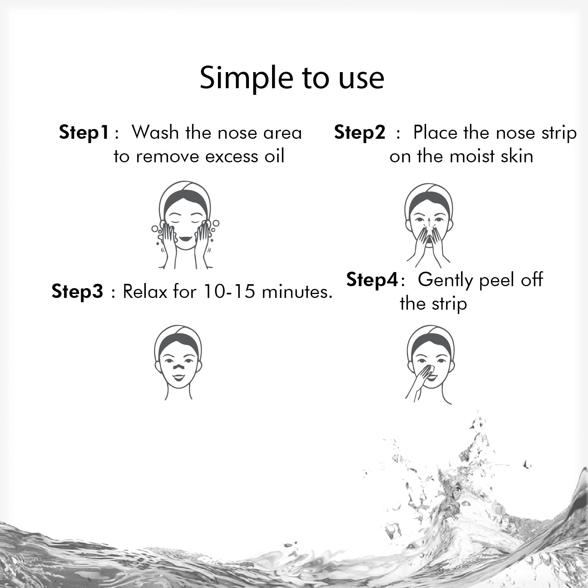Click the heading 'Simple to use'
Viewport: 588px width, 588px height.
[292, 78]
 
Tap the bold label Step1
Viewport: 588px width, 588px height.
[83, 132]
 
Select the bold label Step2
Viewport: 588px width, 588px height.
[360, 132]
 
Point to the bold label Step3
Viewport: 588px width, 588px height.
[77, 292]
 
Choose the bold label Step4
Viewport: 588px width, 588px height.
[372, 280]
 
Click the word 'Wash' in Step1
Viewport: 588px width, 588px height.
[155, 132]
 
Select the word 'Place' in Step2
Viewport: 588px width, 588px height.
[436, 132]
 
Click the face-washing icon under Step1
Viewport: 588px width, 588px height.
[185, 225]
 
